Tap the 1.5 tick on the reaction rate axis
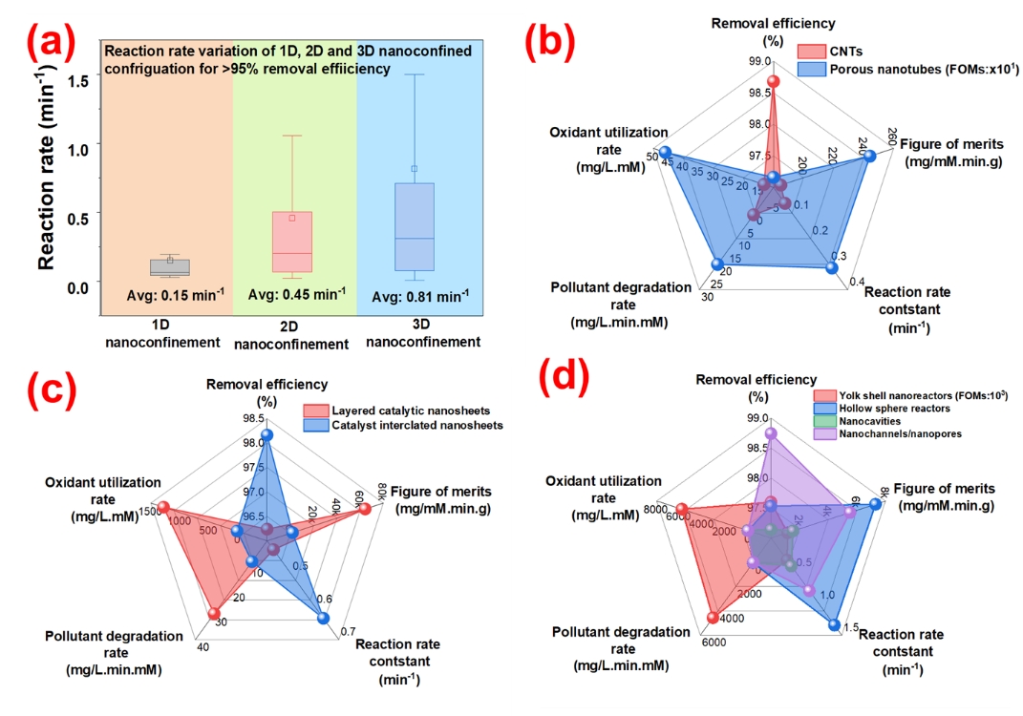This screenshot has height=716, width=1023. click(79, 80)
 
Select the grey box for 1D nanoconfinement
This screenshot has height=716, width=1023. click(170, 267)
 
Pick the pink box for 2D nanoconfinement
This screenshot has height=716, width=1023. click(292, 242)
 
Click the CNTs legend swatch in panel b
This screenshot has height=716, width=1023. click(811, 50)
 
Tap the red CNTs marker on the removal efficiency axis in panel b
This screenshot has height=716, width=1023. click(774, 81)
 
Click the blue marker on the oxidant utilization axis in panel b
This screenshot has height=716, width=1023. click(665, 153)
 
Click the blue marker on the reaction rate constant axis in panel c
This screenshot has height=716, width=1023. click(323, 619)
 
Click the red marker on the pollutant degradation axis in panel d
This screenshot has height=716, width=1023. click(713, 618)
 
